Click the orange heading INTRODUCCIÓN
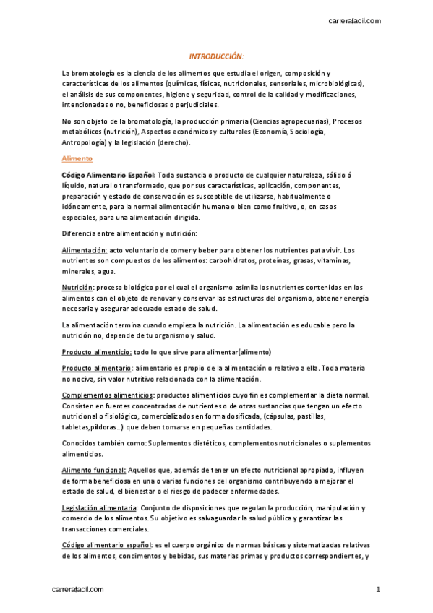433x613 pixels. click(216, 56)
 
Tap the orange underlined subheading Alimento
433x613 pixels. click(76, 158)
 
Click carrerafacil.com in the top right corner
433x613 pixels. click(354, 20)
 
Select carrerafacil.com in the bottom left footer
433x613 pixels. click(78, 591)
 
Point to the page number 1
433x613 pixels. click(377, 591)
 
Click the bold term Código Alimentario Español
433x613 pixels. click(108, 176)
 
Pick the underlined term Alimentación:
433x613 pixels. click(85, 250)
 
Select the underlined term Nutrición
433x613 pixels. click(77, 288)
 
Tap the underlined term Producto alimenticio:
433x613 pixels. click(97, 352)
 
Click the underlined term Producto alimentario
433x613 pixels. click(96, 369)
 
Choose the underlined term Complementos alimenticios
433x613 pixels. click(108, 395)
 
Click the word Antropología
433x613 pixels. click(87, 142)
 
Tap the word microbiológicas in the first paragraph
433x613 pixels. click(338, 83)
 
